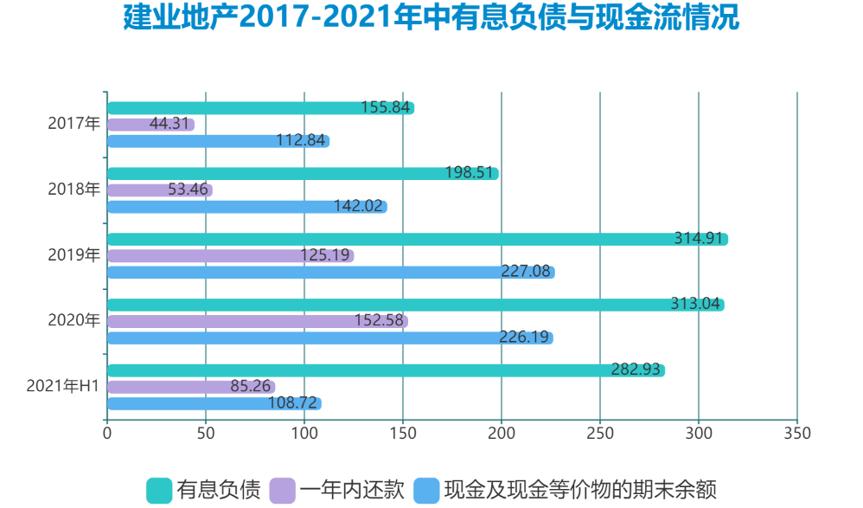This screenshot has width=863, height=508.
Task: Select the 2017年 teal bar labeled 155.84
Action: coord(259,108)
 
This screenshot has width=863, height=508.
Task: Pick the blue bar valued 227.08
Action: coord(329,273)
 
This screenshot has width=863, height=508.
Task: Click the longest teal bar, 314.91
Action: coord(415,240)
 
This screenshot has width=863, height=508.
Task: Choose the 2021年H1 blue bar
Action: coord(213,403)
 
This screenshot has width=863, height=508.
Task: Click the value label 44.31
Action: coord(169,124)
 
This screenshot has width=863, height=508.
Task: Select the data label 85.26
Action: coord(251,387)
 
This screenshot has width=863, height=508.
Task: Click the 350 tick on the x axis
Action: coord(796,434)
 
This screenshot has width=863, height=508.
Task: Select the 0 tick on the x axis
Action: coord(106,434)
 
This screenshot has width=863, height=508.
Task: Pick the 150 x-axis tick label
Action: coord(402,434)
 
